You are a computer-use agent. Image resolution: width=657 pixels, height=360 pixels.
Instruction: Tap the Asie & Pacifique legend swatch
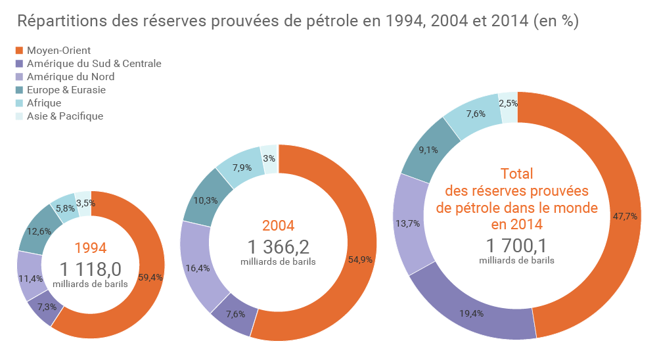point(19,116)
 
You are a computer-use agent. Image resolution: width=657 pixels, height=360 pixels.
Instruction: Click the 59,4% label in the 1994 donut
point(151,277)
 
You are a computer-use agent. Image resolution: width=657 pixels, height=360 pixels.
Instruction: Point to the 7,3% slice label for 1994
point(46,307)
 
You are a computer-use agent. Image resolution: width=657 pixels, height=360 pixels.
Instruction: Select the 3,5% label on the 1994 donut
point(83,204)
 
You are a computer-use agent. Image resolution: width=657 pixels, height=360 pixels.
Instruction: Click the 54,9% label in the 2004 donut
point(360,259)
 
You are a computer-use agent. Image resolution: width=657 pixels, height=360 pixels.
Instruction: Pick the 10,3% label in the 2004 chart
point(206,200)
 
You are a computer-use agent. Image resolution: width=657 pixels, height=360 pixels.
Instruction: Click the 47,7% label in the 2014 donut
point(624,215)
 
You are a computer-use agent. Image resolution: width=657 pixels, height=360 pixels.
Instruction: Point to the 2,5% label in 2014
point(509,103)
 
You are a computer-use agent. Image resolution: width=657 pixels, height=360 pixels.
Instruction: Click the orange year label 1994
point(91,248)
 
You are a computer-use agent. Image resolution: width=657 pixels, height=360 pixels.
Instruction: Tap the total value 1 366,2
point(278,247)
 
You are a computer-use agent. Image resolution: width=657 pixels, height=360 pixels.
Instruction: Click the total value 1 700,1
point(516,246)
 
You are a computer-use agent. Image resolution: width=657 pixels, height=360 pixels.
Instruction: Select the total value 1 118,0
point(91,269)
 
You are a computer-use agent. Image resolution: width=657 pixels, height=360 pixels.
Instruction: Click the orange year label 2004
point(278,226)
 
